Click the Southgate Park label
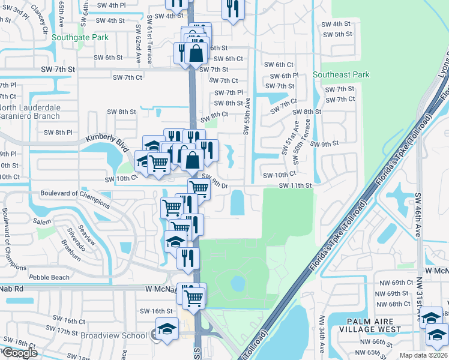click(x=80, y=37)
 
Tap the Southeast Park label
click(x=341, y=75)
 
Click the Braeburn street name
click(x=71, y=251)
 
